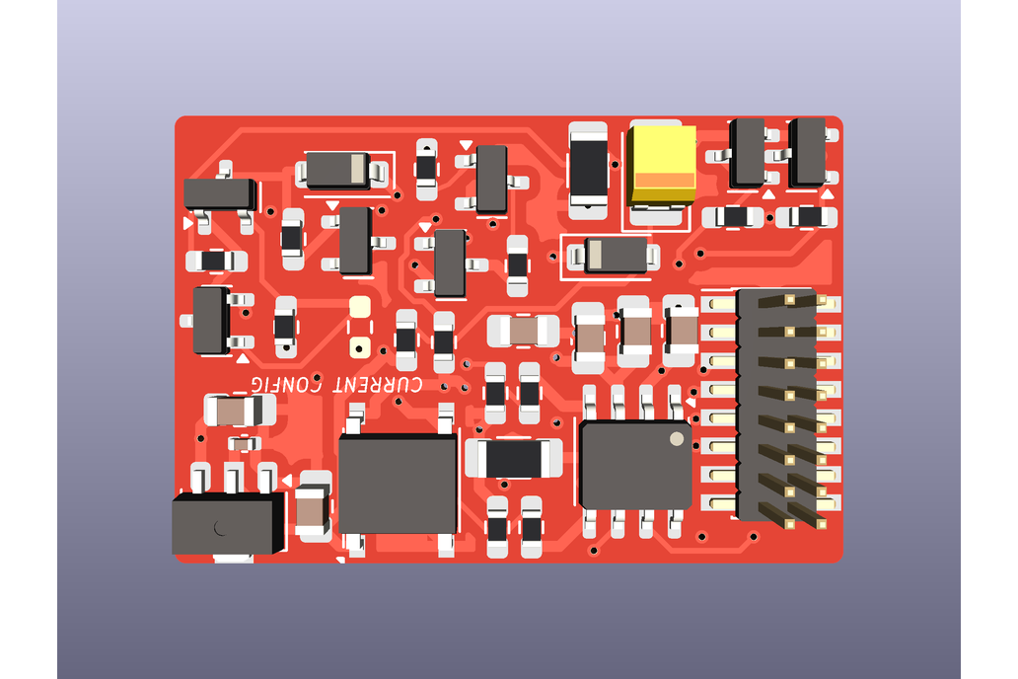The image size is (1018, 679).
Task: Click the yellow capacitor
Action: tap(662, 164)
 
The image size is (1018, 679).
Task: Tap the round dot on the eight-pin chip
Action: tap(677, 438)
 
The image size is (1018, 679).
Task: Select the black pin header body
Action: tap(777, 405)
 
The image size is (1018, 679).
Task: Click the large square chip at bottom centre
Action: tap(397, 485)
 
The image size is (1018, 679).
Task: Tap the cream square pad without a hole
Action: tap(359, 307)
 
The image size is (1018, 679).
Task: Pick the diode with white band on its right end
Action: tap(337, 171)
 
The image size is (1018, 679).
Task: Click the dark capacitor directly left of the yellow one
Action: tap(589, 169)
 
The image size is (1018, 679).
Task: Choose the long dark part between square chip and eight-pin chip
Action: tap(514, 458)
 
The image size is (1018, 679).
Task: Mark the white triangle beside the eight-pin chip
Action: tap(691, 402)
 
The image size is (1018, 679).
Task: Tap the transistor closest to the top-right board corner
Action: tap(807, 152)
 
